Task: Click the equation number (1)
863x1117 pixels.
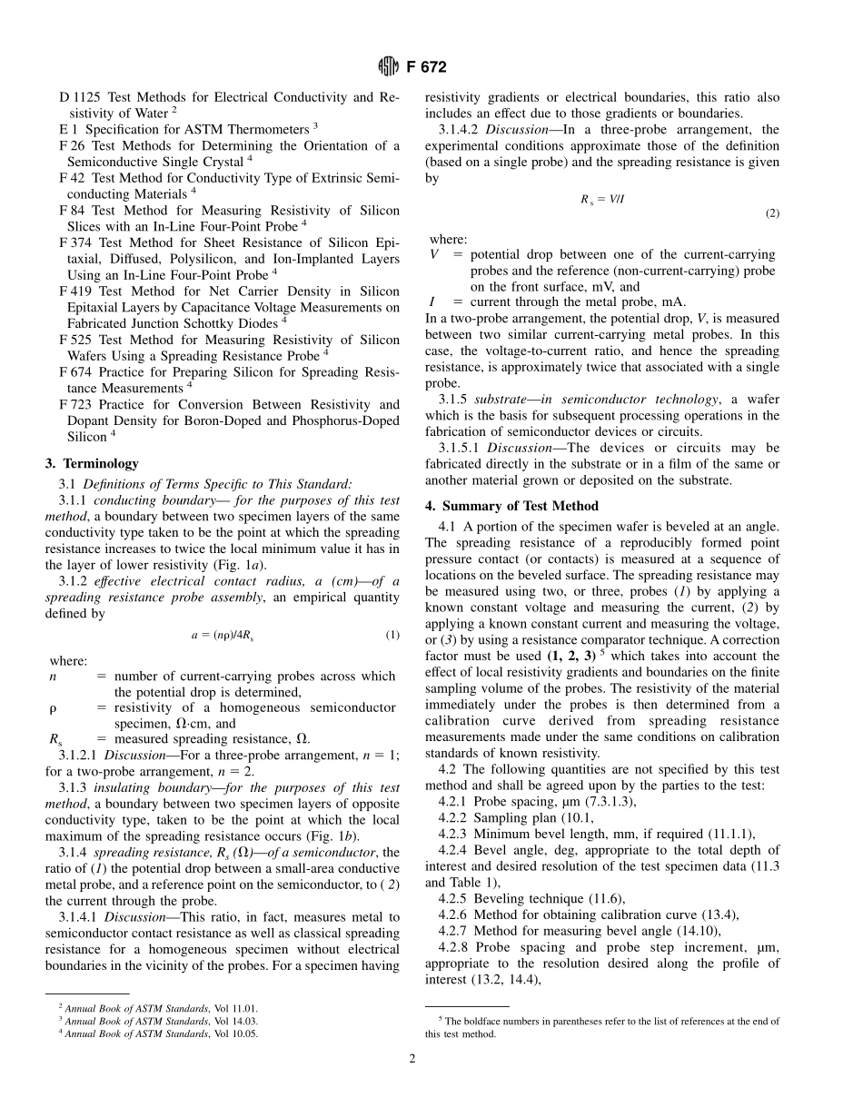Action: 392,635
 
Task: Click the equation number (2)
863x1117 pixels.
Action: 772,213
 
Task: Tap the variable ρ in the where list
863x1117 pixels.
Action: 52,708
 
